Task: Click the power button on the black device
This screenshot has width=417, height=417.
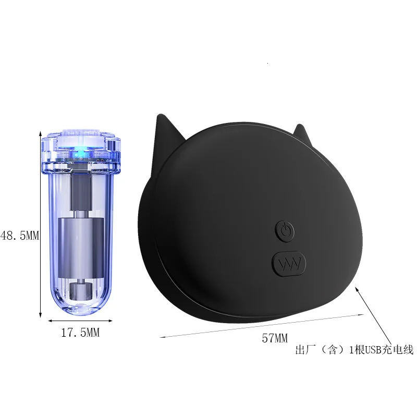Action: [x=285, y=230]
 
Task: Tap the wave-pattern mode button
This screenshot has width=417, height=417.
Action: [x=289, y=264]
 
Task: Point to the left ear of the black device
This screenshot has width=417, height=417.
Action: [x=164, y=138]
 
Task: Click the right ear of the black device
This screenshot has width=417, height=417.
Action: [x=301, y=131]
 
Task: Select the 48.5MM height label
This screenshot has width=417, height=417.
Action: [x=20, y=236]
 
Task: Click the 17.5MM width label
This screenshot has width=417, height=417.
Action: [x=80, y=333]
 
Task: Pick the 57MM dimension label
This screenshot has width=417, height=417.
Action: [x=275, y=338]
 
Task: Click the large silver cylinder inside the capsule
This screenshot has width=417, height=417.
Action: [x=81, y=248]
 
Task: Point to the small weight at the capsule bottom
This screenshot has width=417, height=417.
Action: [x=81, y=291]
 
